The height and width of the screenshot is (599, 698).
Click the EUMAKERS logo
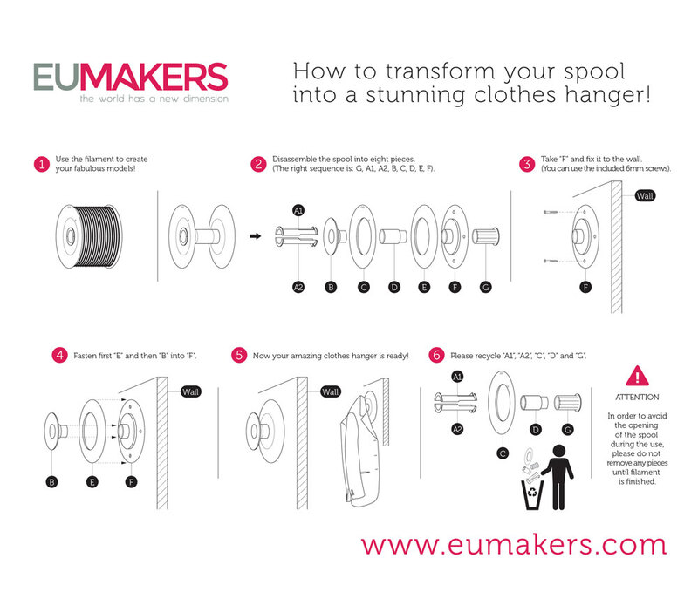(131, 83)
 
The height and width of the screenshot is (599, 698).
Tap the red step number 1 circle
(41, 164)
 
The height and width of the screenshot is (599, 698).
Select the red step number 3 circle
(527, 164)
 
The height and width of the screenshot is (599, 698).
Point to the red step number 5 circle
(239, 356)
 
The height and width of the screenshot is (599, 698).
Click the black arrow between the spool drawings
(255, 236)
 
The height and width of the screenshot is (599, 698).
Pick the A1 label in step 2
(298, 210)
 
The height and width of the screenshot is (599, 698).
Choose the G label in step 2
(486, 287)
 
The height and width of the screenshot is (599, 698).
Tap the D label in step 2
(394, 287)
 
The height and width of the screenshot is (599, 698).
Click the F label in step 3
(585, 287)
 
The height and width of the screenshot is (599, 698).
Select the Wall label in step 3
(645, 195)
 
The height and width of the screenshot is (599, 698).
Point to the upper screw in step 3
(551, 212)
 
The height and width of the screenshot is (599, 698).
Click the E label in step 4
(92, 482)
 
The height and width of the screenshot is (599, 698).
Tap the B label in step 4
(51, 482)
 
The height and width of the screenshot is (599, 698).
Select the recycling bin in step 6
(532, 494)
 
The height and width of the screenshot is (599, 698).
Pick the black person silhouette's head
(558, 452)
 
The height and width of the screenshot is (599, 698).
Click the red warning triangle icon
(637, 376)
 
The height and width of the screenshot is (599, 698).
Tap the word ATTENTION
(637, 397)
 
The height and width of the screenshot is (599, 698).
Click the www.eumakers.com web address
(514, 545)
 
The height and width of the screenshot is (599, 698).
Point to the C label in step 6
(503, 453)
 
